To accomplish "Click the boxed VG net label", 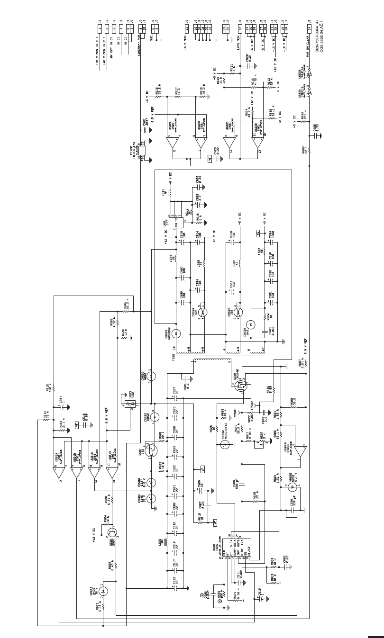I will (x=259, y=233).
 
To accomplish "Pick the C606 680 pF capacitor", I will (x=242, y=484).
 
